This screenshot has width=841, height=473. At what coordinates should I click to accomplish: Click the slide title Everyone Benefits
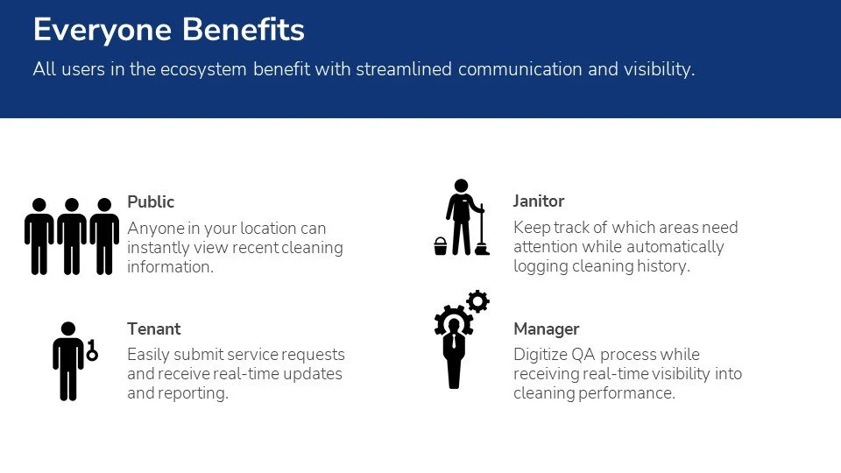click(168, 30)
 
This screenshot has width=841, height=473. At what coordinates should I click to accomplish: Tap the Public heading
click(151, 201)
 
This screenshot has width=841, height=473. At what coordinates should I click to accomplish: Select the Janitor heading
click(539, 201)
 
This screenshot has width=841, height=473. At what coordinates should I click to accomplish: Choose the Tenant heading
click(153, 329)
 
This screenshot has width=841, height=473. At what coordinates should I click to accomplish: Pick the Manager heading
click(546, 329)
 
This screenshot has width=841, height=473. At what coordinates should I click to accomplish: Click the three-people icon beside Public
click(72, 235)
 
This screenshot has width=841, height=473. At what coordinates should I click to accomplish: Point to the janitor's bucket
click(441, 246)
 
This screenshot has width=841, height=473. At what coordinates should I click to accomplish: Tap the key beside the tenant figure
click(91, 350)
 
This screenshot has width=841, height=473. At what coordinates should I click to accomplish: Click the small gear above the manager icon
click(477, 301)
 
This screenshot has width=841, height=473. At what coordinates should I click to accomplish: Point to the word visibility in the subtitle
click(656, 69)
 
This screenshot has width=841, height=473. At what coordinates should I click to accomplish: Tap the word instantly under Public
click(158, 248)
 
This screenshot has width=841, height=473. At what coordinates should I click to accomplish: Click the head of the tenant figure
click(67, 329)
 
